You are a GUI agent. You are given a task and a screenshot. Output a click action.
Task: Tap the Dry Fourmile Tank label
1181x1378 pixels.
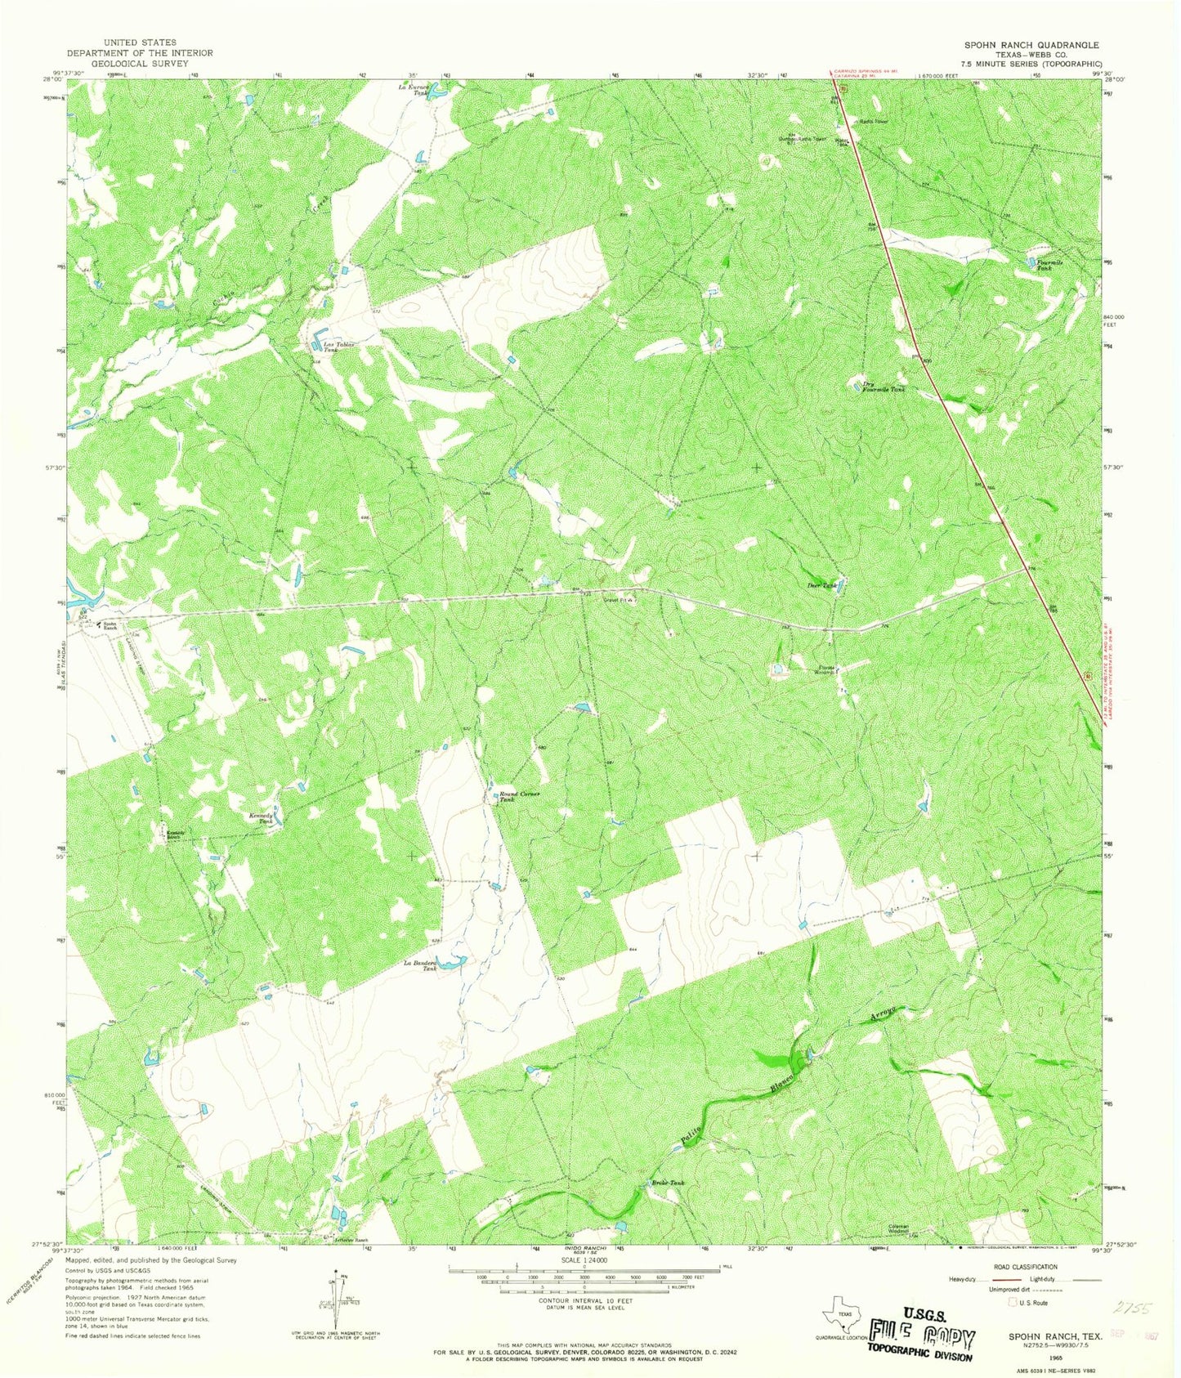(x=884, y=387)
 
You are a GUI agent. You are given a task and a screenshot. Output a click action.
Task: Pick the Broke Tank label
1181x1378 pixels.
(x=668, y=1183)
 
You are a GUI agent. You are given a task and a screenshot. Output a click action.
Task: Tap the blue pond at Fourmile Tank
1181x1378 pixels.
(x=1031, y=262)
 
